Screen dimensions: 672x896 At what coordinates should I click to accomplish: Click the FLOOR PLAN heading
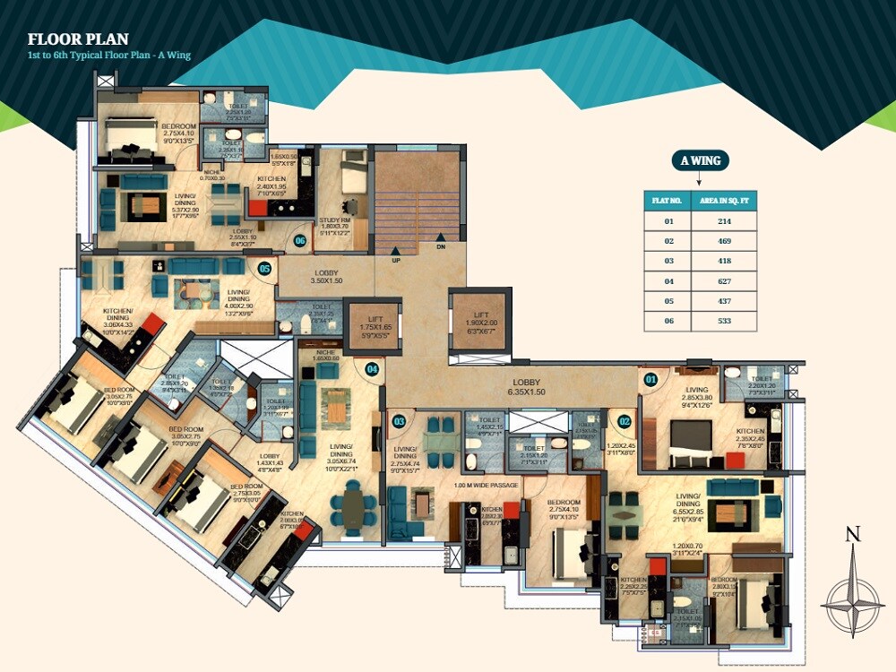tap(79, 39)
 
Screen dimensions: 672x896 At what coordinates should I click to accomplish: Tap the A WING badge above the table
tap(701, 161)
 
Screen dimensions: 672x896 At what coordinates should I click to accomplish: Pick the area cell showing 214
tap(724, 220)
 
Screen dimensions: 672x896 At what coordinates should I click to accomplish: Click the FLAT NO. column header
tap(668, 200)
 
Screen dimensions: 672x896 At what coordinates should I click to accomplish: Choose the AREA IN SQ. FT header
tap(724, 200)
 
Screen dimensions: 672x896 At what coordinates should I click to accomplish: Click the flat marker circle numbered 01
tap(650, 380)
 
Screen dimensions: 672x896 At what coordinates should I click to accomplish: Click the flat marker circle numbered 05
tap(264, 268)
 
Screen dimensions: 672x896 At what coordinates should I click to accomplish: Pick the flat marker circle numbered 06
tap(300, 240)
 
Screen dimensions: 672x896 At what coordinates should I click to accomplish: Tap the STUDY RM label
tap(335, 224)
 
